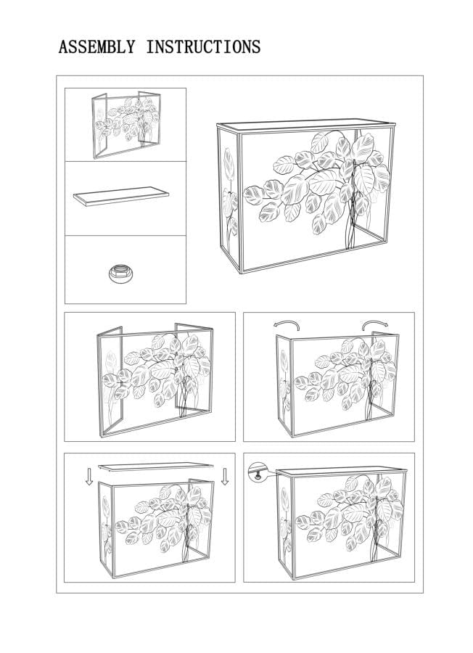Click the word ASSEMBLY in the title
(97, 46)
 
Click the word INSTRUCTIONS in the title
(203, 46)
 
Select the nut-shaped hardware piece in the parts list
(120, 273)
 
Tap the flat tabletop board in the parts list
(121, 197)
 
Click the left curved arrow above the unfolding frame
(287, 324)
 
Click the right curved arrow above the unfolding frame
(375, 324)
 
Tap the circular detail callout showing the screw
(257, 472)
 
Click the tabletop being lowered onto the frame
(156, 467)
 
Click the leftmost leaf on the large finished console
(253, 195)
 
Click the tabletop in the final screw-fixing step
(342, 472)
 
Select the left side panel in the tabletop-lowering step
(106, 529)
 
